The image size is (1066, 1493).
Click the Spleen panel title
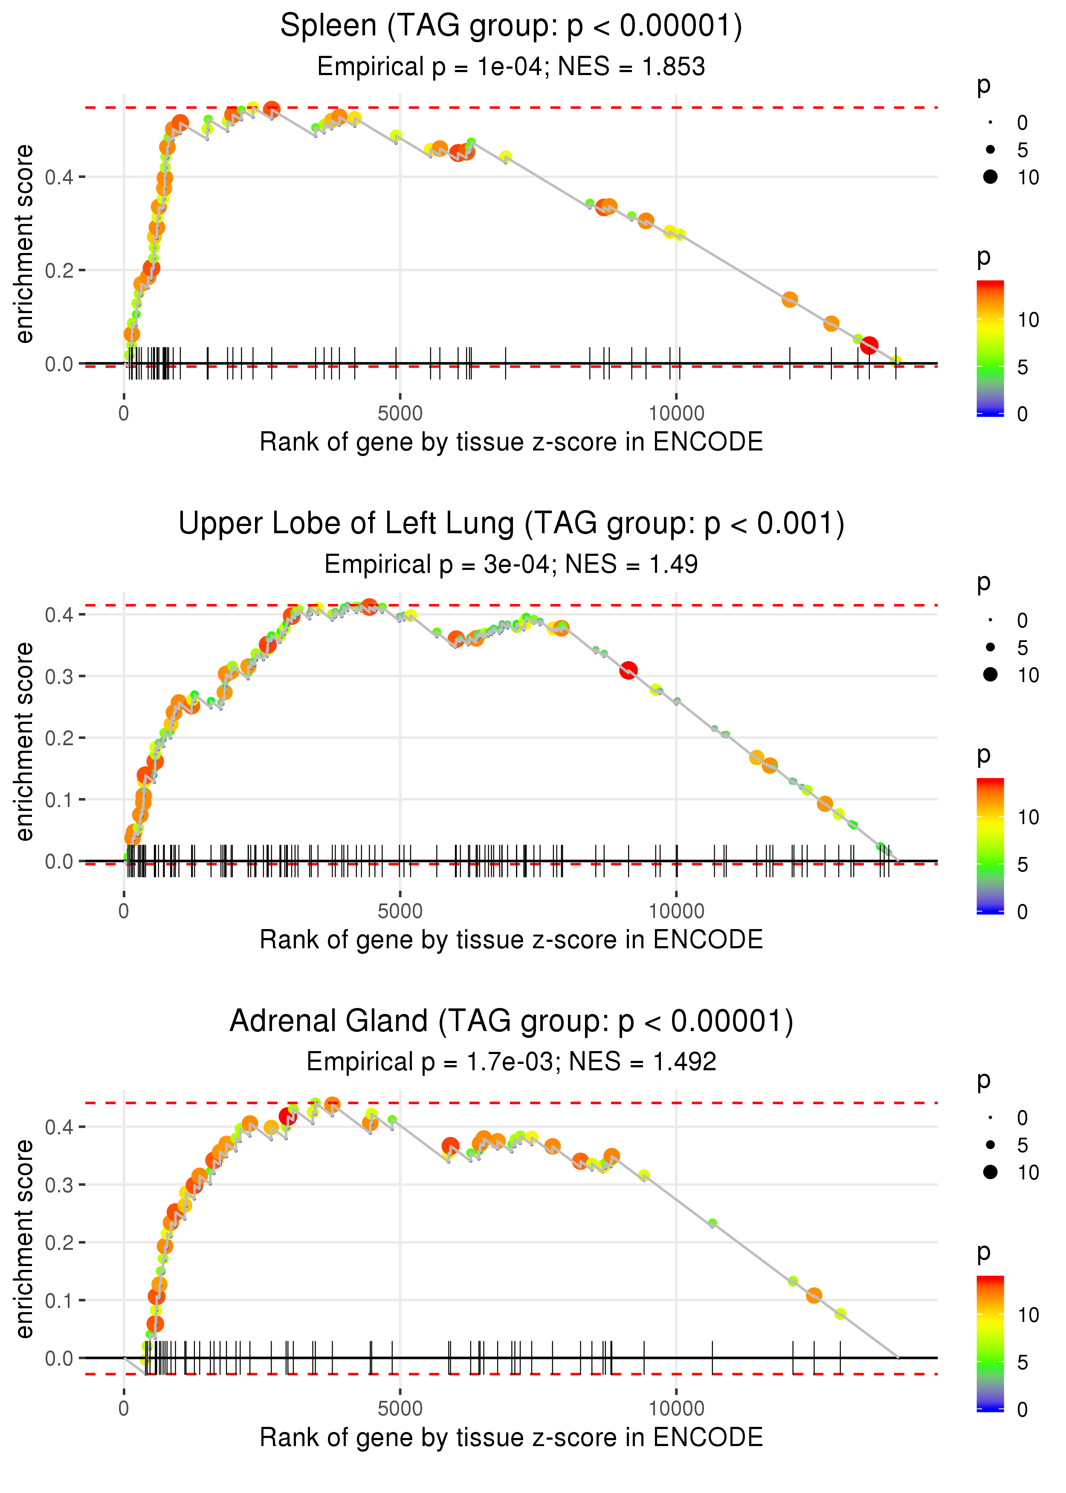click(511, 26)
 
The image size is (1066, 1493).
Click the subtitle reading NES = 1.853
click(511, 67)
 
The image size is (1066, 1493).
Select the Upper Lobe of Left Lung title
click(511, 524)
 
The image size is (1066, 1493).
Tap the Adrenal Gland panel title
click(511, 1022)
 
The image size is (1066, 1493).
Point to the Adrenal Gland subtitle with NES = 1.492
click(511, 1062)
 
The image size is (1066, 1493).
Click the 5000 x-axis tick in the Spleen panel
click(400, 414)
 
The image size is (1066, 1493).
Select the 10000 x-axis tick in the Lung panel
click(676, 911)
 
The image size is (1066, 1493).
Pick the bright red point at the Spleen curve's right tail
click(869, 346)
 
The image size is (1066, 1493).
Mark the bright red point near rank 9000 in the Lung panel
click(628, 670)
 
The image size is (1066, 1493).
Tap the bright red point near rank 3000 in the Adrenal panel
click(287, 1116)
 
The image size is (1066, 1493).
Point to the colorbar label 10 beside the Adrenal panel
click(1028, 1315)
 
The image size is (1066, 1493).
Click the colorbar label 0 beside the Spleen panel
click(1022, 414)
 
